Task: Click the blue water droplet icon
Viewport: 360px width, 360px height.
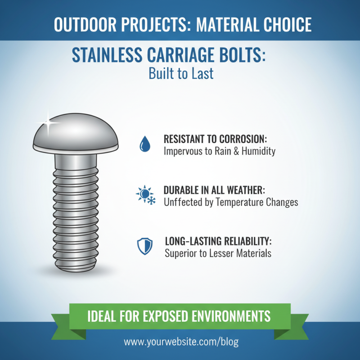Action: click(x=144, y=144)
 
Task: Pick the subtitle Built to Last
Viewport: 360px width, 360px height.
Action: click(x=181, y=73)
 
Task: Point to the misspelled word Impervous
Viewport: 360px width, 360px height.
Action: click(x=184, y=151)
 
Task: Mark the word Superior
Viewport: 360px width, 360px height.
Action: click(x=181, y=253)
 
